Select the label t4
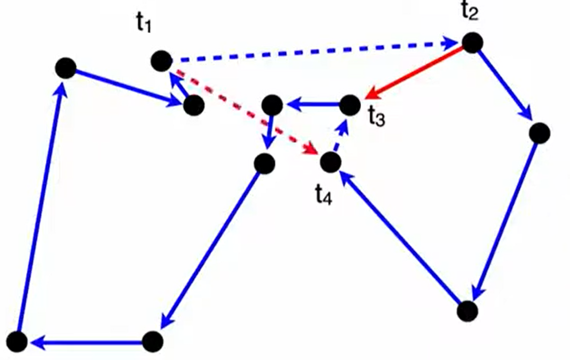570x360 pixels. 323,194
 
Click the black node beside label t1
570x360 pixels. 162,62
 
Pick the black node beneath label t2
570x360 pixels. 472,42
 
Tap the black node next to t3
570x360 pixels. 349,105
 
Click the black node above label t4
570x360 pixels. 330,163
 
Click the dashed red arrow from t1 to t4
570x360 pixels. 244,111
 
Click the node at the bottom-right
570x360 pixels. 467,311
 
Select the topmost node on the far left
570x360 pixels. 65,68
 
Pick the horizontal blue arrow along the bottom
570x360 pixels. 86,343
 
